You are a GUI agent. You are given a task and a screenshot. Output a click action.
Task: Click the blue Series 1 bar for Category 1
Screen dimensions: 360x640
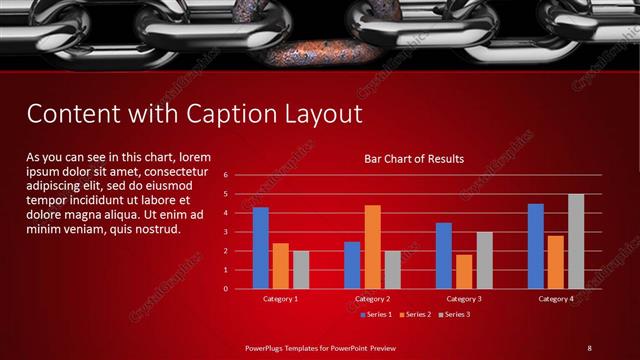(261, 248)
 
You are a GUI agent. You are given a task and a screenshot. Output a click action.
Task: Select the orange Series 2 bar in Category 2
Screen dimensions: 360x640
(372, 247)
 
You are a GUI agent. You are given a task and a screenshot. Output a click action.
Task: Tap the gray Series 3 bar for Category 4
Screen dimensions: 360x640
(575, 241)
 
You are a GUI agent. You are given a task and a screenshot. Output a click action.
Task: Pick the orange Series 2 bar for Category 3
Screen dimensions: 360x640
(464, 272)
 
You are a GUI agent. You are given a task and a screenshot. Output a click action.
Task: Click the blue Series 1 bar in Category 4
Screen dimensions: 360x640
(536, 246)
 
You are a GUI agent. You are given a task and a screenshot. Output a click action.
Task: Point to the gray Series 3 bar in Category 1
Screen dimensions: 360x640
(301, 270)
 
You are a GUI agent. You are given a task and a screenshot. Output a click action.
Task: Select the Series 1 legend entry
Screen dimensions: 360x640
(375, 315)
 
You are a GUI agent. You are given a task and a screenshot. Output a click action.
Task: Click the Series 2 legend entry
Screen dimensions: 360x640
(414, 315)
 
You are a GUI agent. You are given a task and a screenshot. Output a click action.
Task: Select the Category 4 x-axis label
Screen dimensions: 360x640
(556, 299)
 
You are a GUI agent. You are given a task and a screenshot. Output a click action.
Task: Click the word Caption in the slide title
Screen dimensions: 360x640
(243, 114)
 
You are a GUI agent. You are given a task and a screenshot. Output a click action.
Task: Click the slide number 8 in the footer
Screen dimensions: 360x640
(589, 347)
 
